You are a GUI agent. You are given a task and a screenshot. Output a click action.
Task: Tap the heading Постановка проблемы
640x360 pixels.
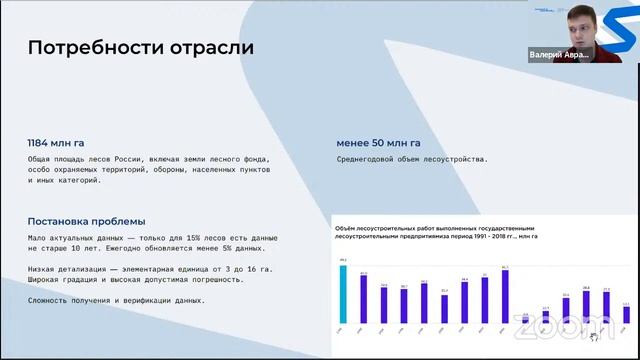(86, 221)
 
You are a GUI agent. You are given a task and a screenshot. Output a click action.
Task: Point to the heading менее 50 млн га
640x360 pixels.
(378, 143)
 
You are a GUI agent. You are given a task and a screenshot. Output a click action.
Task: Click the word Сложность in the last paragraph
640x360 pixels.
(49, 300)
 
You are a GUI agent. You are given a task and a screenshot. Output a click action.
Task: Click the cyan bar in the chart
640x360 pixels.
(343, 295)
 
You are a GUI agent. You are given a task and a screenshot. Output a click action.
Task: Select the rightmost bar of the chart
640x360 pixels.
(626, 317)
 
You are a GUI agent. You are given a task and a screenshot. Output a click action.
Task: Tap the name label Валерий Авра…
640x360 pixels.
(560, 55)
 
